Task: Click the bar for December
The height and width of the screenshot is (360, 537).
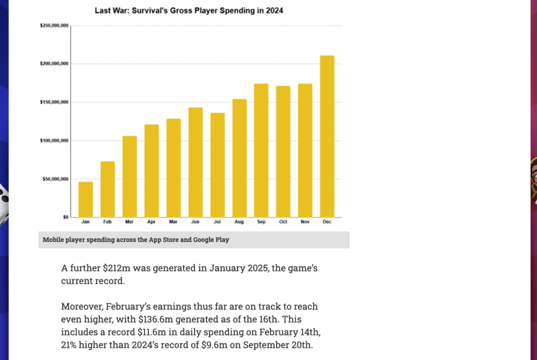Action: [x=327, y=136]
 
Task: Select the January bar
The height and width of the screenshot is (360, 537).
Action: [x=85, y=199]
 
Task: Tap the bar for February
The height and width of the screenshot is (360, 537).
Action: [x=108, y=189]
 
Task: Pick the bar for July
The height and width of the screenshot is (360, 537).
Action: [x=217, y=165]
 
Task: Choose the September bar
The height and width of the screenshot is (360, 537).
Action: [x=261, y=150]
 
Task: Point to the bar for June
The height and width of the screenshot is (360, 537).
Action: [x=196, y=162]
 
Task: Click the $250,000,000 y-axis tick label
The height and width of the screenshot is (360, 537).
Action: [x=55, y=26]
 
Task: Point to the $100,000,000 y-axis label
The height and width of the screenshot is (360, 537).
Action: [x=55, y=140]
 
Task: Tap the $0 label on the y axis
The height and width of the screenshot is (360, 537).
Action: [x=65, y=217]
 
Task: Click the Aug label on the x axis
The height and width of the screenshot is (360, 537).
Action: [x=239, y=222]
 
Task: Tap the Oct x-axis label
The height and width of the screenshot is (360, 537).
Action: [x=283, y=222]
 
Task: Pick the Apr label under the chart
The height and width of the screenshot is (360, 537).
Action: [x=152, y=222]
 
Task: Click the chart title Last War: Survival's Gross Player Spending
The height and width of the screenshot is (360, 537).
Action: [x=189, y=10]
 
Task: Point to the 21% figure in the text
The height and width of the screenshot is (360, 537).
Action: [x=71, y=345]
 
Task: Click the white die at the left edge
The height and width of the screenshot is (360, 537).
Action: [x=4, y=202]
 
